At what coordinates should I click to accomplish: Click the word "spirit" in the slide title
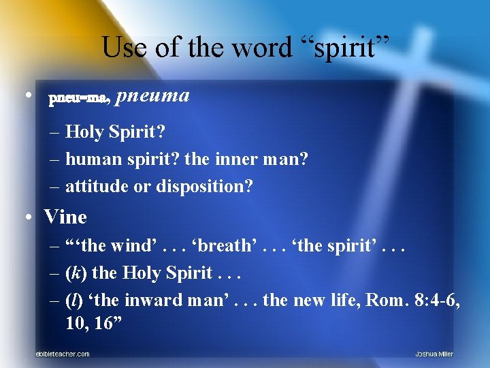[346, 48]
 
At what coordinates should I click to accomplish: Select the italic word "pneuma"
[152, 95]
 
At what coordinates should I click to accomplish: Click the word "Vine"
[65, 217]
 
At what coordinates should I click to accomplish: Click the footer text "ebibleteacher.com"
[63, 354]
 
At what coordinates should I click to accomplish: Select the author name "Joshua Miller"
[434, 354]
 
